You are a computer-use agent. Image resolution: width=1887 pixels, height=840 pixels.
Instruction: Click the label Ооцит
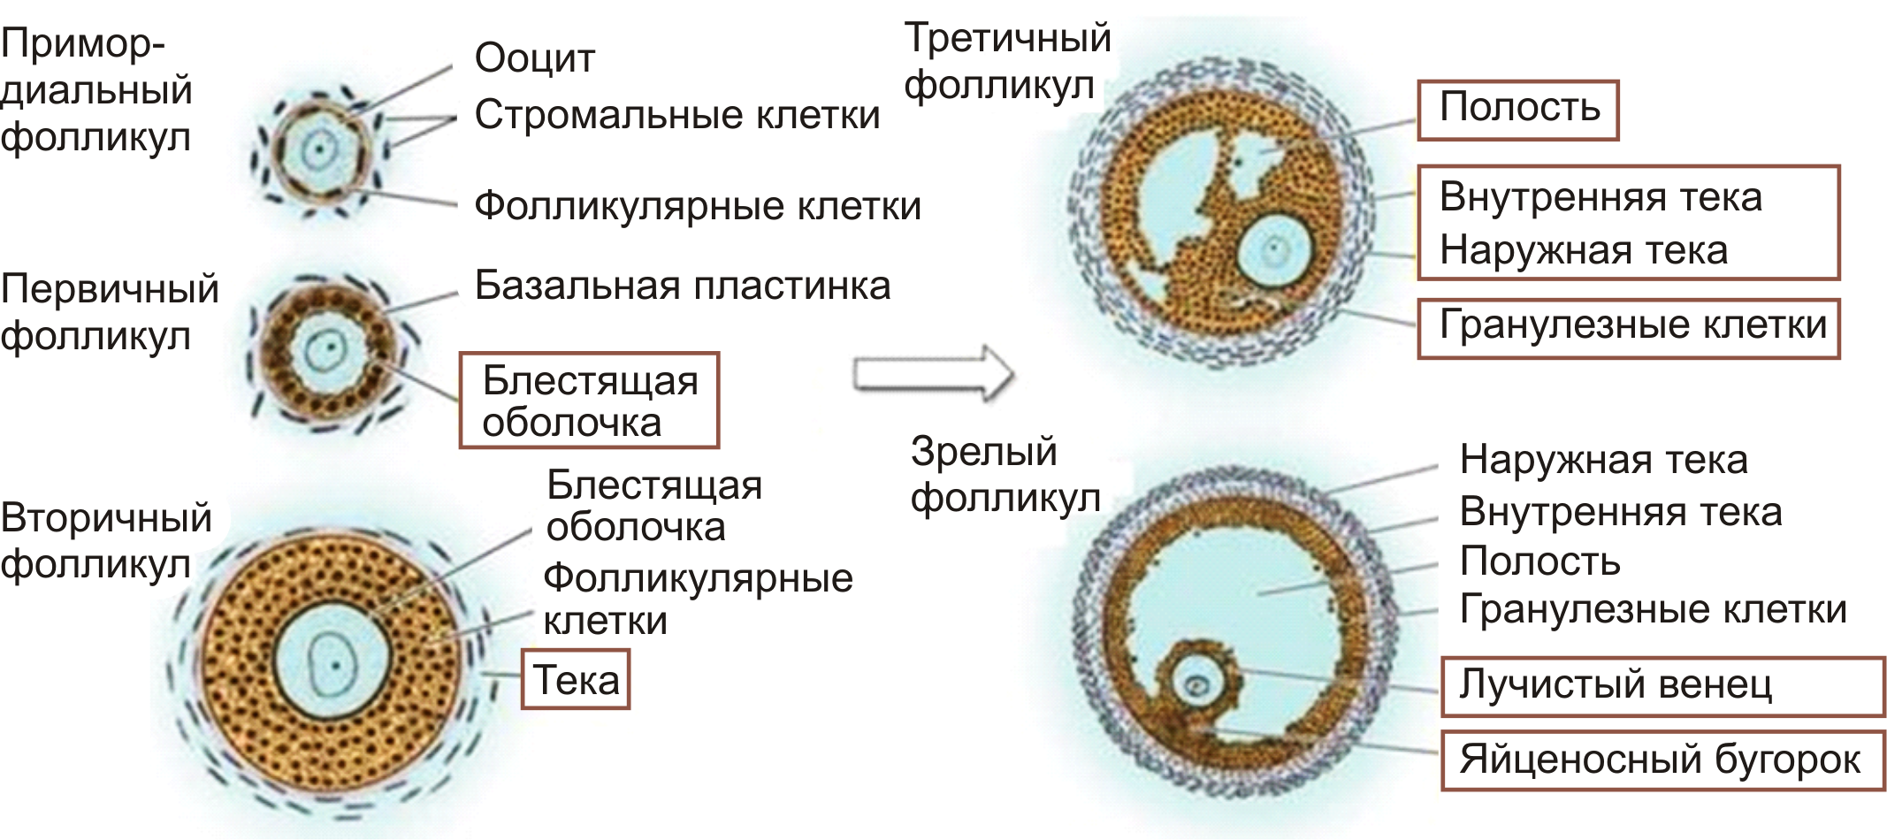[534, 58]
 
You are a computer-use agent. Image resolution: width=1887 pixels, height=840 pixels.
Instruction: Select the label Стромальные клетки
[676, 115]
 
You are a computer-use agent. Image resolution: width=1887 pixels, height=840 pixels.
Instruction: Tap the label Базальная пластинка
[682, 286]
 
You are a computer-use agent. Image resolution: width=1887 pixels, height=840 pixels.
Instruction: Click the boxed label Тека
[576, 680]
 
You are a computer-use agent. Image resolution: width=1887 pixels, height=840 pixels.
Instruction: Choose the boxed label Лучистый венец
[1616, 685]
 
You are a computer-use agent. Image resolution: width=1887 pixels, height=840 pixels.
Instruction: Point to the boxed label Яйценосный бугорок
[1661, 760]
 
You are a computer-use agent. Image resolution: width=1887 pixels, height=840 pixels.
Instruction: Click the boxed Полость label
[1519, 108]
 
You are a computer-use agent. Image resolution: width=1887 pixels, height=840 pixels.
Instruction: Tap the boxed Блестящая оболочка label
[589, 401]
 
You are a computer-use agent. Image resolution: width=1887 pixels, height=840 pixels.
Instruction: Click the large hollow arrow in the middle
[933, 374]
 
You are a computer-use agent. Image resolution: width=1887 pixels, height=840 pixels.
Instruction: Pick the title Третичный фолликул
[1006, 62]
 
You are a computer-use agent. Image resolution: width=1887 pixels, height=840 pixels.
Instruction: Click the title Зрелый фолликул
[1005, 475]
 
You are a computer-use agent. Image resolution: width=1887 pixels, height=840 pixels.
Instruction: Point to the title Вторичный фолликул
[105, 540]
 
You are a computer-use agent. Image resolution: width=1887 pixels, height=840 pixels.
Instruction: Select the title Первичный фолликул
[109, 312]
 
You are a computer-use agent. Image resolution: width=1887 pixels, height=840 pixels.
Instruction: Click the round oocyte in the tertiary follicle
[1274, 250]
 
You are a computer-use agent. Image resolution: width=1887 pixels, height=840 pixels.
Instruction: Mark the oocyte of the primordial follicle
[318, 150]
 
